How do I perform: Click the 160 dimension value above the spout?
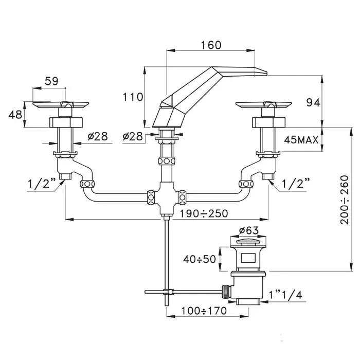click(x=210, y=45)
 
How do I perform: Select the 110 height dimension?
click(x=132, y=96)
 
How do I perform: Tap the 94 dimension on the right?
click(x=313, y=102)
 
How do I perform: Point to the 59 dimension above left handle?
click(x=51, y=81)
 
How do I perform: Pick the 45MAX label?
click(x=301, y=139)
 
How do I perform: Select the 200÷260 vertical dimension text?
click(x=344, y=200)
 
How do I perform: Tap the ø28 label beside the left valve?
click(x=97, y=136)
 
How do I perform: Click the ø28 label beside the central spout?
click(x=133, y=136)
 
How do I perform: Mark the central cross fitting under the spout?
click(x=166, y=196)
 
